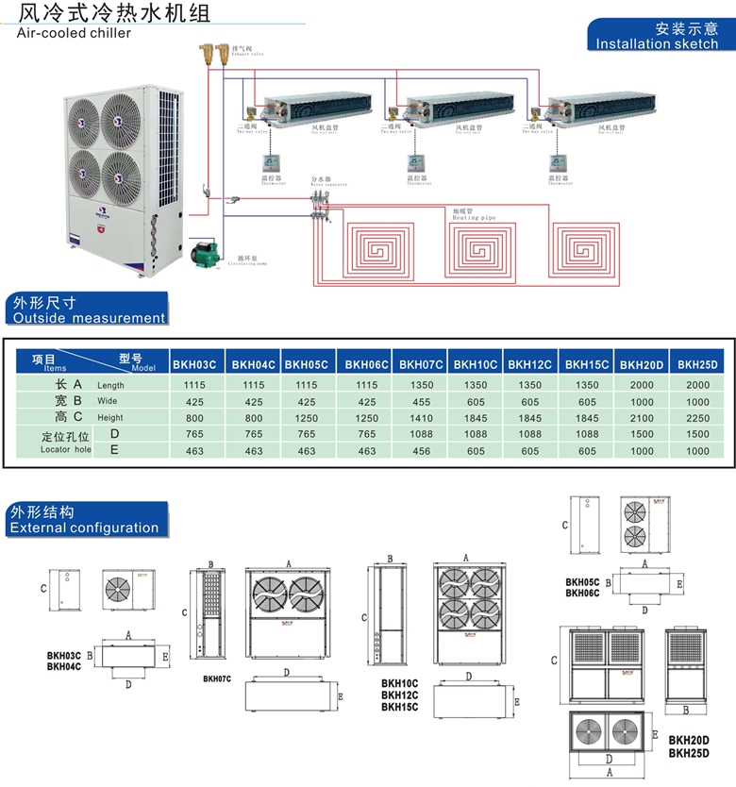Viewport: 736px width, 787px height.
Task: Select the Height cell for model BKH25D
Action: click(697, 417)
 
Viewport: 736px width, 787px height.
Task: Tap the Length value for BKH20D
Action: click(641, 385)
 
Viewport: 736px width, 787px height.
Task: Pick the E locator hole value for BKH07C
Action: click(422, 451)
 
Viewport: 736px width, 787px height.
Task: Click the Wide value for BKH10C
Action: click(476, 401)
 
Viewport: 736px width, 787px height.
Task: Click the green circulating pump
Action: click(205, 254)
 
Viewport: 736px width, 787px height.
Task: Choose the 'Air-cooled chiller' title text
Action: click(75, 33)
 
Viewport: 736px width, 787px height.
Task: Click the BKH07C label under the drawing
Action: click(218, 678)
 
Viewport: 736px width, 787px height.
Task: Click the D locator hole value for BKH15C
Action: click(587, 434)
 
